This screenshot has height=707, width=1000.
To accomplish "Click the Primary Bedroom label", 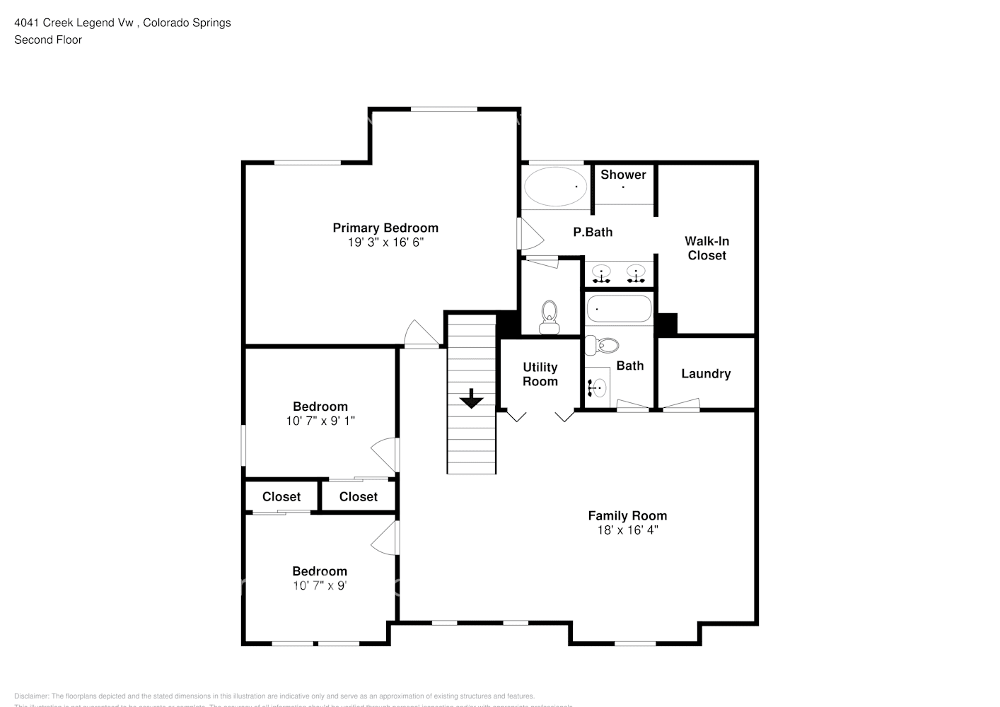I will tap(385, 228).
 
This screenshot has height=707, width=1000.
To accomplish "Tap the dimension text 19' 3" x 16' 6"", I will tap(385, 243).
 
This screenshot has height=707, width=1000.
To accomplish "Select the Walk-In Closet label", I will tap(707, 248).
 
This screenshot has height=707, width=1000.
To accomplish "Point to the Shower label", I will tap(623, 175).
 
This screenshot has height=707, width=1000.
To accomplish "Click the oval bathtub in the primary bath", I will tap(556, 187).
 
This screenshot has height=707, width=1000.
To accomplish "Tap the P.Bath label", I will tap(593, 232).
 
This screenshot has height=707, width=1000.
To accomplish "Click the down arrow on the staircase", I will tap(471, 399).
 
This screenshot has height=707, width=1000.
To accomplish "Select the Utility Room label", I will tap(540, 374).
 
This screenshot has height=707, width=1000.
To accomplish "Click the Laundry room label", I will tap(706, 374).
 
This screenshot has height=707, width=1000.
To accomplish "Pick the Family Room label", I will tap(627, 515).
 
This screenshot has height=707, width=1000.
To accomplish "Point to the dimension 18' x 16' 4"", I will tap(627, 530).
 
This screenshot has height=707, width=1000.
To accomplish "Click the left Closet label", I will tap(281, 497).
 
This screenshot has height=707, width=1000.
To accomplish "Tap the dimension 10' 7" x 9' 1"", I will tap(320, 421).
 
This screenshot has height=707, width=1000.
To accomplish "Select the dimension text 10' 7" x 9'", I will tap(320, 585).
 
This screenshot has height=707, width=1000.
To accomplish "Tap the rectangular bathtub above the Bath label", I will tap(619, 309).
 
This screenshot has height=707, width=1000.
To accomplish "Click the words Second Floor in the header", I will tap(48, 40).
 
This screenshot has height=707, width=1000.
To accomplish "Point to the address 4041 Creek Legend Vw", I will tap(74, 23).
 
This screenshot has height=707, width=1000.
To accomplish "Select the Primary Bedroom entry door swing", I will tap(421, 335).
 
